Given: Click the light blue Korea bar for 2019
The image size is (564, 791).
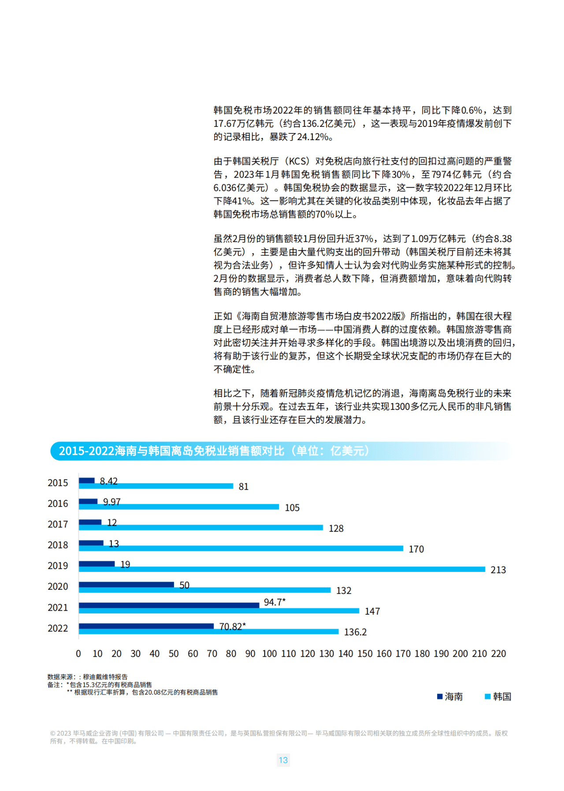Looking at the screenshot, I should [282, 569].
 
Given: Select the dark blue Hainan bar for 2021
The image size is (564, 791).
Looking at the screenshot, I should [169, 605].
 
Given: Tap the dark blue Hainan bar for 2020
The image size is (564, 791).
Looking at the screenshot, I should [126, 584].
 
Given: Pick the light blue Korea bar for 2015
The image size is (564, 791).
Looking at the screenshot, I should [156, 486].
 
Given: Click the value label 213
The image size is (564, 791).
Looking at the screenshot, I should [498, 570].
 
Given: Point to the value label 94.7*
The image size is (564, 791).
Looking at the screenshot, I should [275, 602].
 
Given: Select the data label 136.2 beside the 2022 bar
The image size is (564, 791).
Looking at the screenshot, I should [355, 632].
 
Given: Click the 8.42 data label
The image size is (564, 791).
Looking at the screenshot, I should [108, 481].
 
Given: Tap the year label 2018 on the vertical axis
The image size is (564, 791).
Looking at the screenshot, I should [58, 545].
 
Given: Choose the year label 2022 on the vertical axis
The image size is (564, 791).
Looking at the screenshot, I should [58, 628].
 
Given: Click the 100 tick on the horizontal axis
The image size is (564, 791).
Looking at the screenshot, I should [269, 654].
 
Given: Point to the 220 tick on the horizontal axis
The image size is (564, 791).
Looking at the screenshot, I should [498, 654].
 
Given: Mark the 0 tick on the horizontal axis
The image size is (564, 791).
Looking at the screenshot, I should [78, 654].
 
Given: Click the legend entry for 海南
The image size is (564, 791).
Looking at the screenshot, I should [450, 696].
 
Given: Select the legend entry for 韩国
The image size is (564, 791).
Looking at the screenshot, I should [498, 696].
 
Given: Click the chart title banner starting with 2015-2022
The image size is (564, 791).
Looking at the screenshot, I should [214, 451].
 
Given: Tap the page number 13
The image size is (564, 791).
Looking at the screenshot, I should [283, 760].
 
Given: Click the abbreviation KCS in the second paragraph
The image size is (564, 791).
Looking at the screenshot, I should [298, 161].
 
